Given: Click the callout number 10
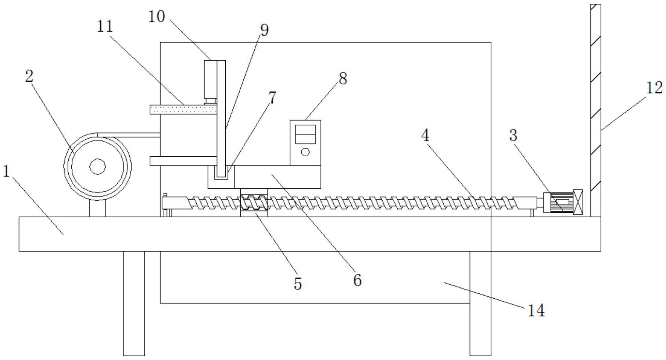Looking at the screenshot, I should click(157, 17).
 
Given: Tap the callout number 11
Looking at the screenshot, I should click(105, 26).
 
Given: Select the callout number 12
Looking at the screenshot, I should click(654, 88).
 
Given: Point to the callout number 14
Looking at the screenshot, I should click(536, 311).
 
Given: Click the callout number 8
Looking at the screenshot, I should click(343, 78).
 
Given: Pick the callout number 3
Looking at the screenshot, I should click(513, 136).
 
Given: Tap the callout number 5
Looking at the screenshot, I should click(297, 284).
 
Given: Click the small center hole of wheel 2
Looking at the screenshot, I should click(97, 167).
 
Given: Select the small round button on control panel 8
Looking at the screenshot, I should click(305, 152).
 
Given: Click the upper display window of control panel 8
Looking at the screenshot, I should click(305, 129).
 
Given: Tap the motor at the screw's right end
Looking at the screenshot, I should click(559, 203).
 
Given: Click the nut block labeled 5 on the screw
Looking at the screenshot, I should click(254, 203).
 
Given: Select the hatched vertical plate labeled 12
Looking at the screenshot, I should click(595, 110).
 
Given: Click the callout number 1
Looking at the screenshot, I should click(6, 171).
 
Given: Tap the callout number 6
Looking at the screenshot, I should click(357, 281).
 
